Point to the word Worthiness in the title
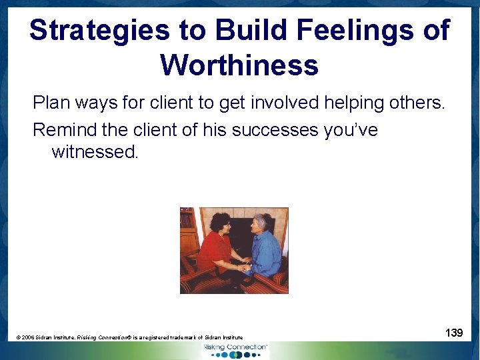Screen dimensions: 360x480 click(239, 65)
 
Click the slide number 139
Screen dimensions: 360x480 click(454, 332)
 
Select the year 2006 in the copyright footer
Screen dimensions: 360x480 click(30, 338)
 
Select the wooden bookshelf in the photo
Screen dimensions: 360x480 click(189, 230)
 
